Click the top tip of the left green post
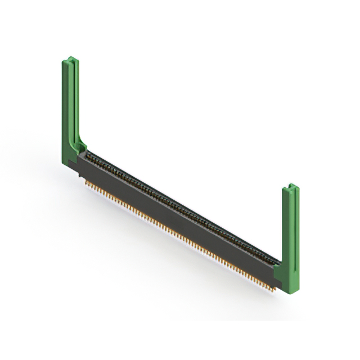(69, 58)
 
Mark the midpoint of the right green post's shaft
(290, 225)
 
